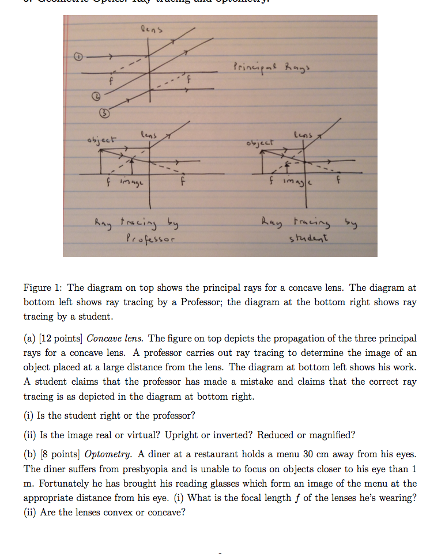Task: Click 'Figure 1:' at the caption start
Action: (43, 288)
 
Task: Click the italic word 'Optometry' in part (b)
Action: (108, 455)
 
